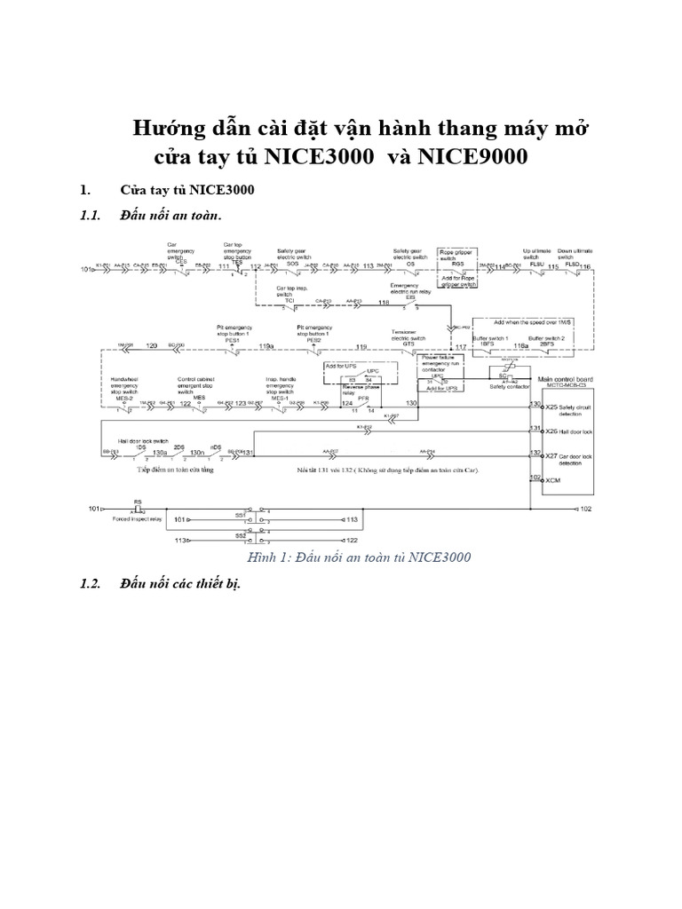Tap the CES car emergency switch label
pos(180,262)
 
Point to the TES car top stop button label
pos(237,262)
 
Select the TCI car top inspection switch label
pos(289,301)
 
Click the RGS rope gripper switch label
pos(458,263)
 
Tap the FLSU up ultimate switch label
pos(536,263)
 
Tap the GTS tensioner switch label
pos(408,342)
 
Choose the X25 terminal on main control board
pos(551,406)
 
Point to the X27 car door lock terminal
pos(551,454)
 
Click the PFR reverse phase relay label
pos(362,398)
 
